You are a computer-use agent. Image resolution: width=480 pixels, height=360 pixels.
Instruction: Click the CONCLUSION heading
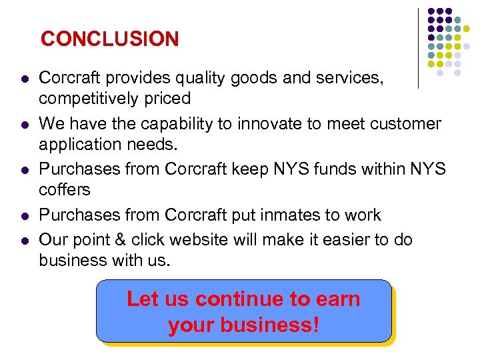coord(109,39)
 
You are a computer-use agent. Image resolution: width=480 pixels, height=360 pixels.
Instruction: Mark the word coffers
coord(64,189)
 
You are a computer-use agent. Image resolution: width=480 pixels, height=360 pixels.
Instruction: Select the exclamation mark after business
coord(315,325)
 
